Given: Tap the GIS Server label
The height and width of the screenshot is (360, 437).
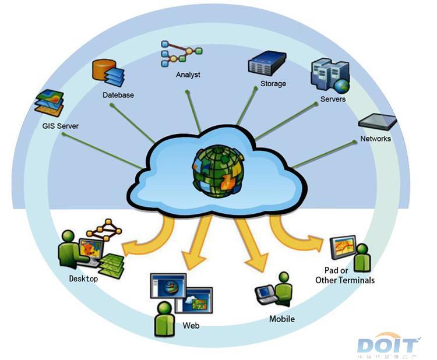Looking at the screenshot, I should (x=60, y=126).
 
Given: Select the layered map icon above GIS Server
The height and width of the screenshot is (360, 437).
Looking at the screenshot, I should (x=49, y=103).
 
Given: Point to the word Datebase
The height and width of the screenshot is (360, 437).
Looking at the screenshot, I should (x=118, y=94).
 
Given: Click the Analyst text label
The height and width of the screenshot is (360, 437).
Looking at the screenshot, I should (x=188, y=75).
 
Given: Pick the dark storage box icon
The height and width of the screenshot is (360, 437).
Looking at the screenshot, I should (x=266, y=63).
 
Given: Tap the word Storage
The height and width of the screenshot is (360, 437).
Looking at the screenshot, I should (x=273, y=84).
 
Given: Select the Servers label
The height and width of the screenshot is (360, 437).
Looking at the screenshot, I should (x=333, y=99).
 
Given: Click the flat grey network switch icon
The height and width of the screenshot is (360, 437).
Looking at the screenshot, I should (x=378, y=121).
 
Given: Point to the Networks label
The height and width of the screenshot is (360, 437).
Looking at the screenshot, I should (x=375, y=139).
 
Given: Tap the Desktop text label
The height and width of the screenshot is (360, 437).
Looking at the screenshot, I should (x=83, y=278).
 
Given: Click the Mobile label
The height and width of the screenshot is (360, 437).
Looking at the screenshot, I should (x=282, y=319).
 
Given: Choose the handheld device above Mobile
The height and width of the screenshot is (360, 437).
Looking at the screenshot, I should (x=266, y=293).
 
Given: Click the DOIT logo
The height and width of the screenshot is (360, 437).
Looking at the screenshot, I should (x=387, y=345).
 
